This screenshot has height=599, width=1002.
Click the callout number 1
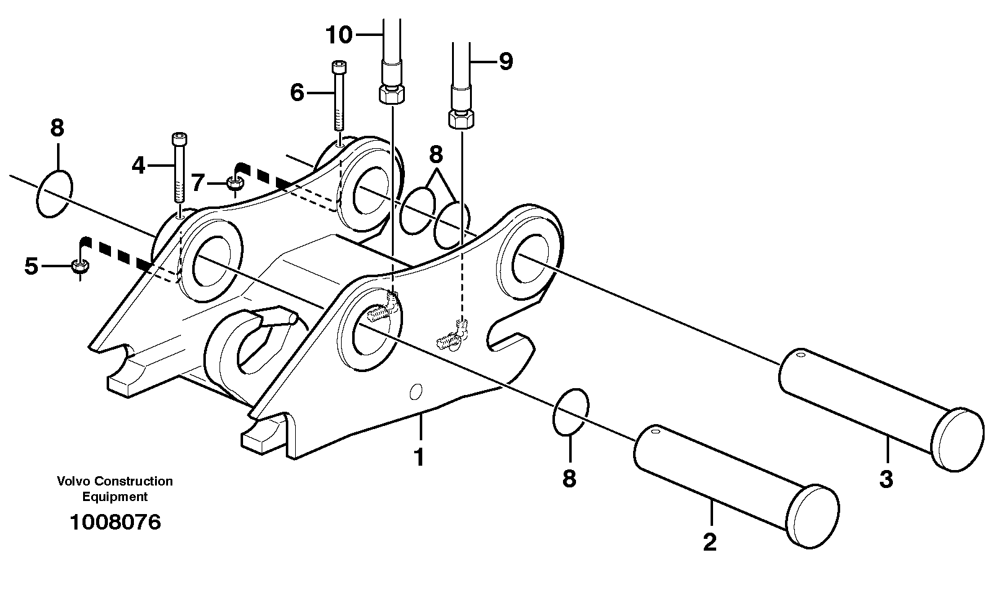[419, 458]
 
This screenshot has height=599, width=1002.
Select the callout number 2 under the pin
[710, 542]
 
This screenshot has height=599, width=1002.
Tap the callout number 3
[886, 479]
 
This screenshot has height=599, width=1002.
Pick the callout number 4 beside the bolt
[138, 166]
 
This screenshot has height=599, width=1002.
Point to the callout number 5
[32, 267]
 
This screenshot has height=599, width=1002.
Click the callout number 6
[297, 93]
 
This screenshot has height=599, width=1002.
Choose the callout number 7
[198, 183]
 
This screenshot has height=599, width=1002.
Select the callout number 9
[506, 61]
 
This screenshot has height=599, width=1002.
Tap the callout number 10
[339, 35]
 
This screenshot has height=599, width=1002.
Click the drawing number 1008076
[115, 522]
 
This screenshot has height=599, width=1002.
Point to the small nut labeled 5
[79, 267]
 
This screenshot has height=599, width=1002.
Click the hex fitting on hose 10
[392, 95]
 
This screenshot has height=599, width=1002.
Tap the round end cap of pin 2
[813, 516]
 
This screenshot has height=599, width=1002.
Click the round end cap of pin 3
[958, 440]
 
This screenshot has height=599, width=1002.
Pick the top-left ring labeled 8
[55, 193]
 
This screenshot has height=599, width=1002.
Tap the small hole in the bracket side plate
[417, 391]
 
